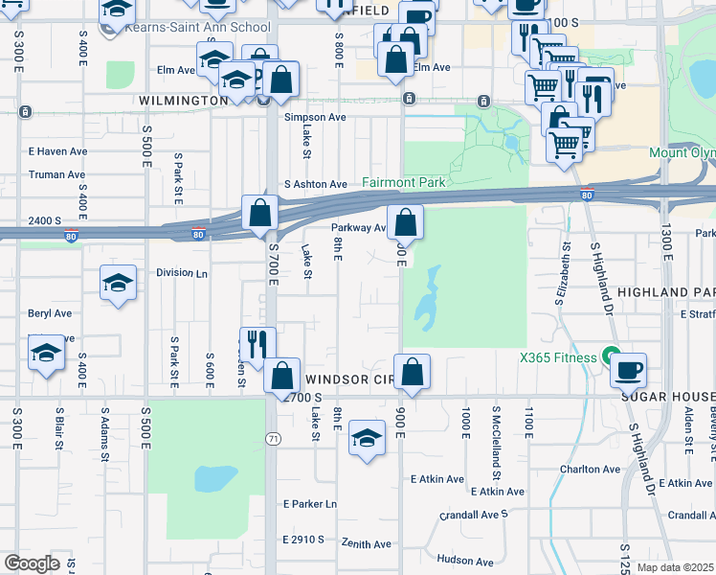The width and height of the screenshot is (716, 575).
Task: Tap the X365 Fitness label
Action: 558,357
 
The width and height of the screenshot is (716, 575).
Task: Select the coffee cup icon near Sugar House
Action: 628,369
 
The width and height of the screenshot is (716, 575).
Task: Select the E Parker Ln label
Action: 310,503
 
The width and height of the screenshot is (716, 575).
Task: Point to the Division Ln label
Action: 182,272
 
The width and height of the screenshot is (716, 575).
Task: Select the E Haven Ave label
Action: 57,150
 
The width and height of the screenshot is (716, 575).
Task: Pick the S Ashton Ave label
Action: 315,184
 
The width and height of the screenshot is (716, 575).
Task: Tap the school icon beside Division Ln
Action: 118,282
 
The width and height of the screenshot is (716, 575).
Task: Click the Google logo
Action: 32,563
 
